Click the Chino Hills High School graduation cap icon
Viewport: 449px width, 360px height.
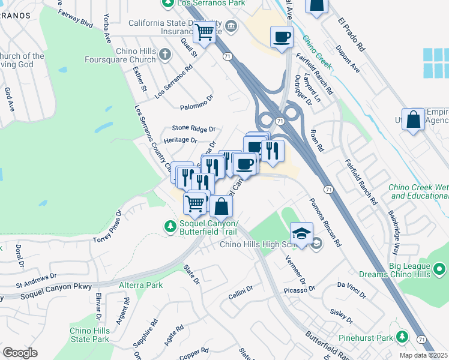302,233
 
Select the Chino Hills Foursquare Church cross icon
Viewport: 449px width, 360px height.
166,55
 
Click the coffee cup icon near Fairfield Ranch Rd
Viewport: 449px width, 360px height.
281,38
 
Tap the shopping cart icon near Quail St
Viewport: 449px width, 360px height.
205,32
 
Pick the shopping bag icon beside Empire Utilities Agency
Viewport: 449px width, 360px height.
414,119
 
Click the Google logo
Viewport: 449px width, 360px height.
20,353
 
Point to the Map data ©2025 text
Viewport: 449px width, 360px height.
424,355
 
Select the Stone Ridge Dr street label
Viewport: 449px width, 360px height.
193,128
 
